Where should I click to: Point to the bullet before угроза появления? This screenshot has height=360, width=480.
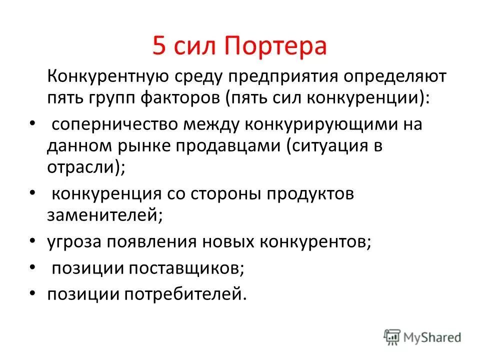[x=32, y=242]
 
